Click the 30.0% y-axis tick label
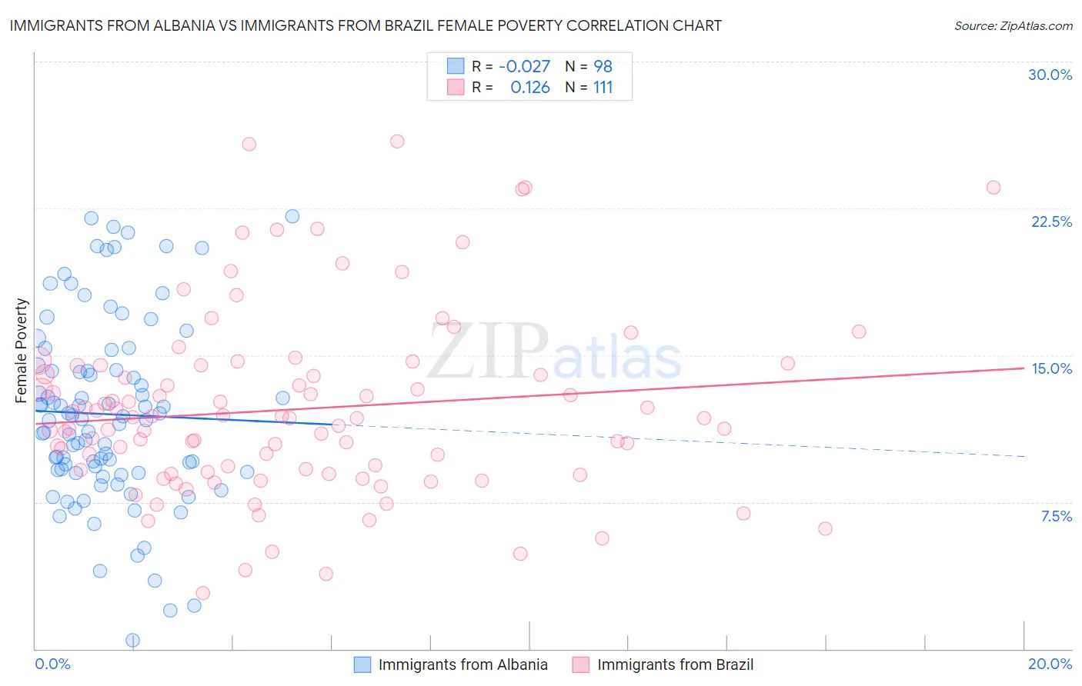[x=1050, y=75]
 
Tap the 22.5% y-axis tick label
[x=1051, y=221]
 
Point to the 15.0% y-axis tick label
[x=1051, y=368]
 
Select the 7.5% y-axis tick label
[x=1056, y=516]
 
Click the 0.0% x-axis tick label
[x=52, y=664]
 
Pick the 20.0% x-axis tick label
[x=1050, y=664]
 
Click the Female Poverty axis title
[x=22, y=351]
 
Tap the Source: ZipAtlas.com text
[x=1013, y=25]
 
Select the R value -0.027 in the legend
[x=524, y=66]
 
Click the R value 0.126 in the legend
[x=530, y=88]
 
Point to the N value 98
[x=603, y=66]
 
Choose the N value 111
[x=603, y=88]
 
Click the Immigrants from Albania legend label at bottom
[x=463, y=664]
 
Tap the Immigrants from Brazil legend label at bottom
[x=675, y=664]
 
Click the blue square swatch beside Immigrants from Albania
[x=362, y=664]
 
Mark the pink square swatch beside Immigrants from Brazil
[x=580, y=664]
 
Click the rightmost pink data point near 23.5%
[x=994, y=188]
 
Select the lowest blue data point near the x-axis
[x=132, y=640]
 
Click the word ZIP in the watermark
[x=488, y=351]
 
